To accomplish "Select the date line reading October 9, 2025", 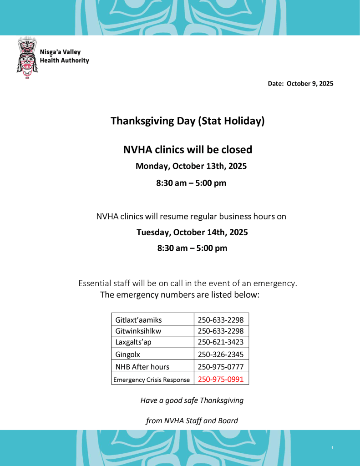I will click(300, 83).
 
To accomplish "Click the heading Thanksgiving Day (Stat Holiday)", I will click(187, 121).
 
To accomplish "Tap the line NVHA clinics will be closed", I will click(188, 149).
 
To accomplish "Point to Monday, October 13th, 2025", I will click(191, 166).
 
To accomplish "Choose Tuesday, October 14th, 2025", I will click(192, 232).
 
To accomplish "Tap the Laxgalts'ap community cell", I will click(133, 342).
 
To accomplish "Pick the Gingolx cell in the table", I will click(128, 354).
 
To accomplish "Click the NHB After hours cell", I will click(142, 366).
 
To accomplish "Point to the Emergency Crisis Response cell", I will click(152, 380).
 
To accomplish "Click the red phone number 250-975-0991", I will click(221, 379).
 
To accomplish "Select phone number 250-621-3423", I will click(221, 342).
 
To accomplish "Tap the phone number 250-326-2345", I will click(221, 354).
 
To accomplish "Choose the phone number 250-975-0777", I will click(221, 366).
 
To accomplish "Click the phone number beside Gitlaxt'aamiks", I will click(221, 320).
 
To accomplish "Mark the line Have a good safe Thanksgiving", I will click(192, 400).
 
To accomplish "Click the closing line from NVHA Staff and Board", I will click(192, 420).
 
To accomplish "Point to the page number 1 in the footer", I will click(332, 448).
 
